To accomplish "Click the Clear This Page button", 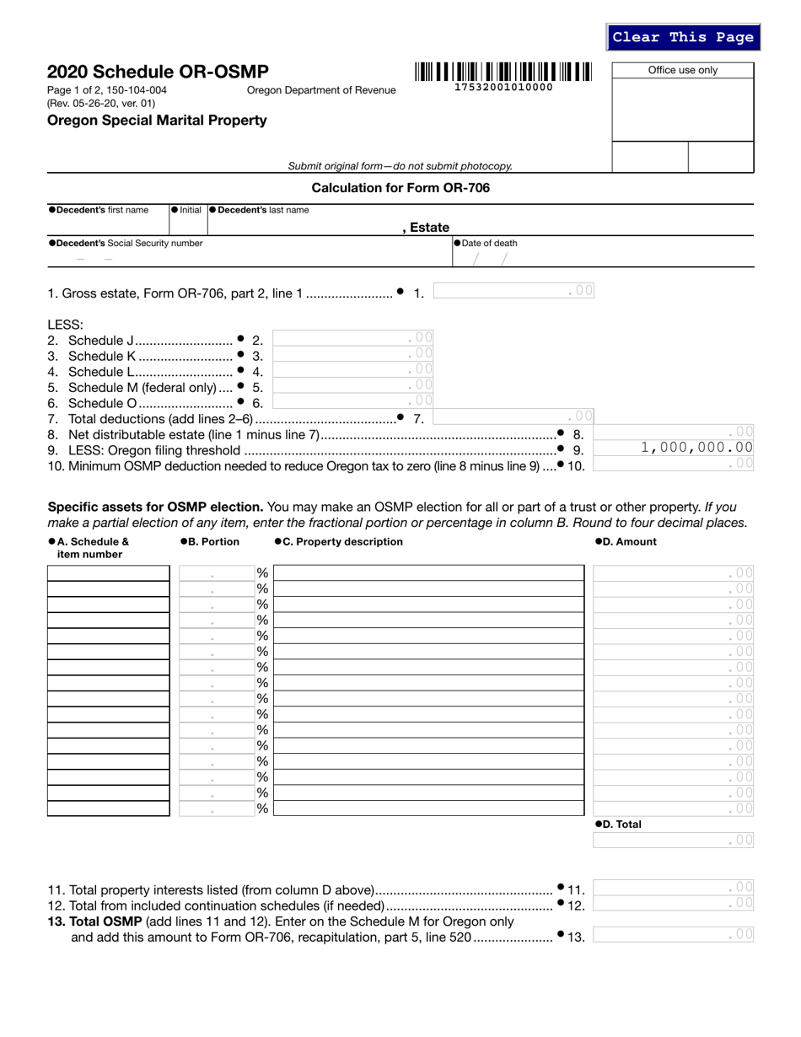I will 683,37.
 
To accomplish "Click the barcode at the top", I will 503,72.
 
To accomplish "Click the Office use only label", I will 682,70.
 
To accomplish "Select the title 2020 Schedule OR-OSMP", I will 158,72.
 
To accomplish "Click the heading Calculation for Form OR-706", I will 400,187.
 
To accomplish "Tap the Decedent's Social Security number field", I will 169,259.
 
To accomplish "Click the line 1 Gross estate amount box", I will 514,292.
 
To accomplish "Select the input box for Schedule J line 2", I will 353,338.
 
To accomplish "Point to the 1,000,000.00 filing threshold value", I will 696,448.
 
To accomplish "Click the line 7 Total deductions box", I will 514,416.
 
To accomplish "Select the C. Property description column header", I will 338,542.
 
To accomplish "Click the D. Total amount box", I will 673,840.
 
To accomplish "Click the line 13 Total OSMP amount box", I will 673,934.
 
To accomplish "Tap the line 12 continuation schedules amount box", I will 673,903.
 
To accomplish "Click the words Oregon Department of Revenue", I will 320,90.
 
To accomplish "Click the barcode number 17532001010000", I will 503,87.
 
